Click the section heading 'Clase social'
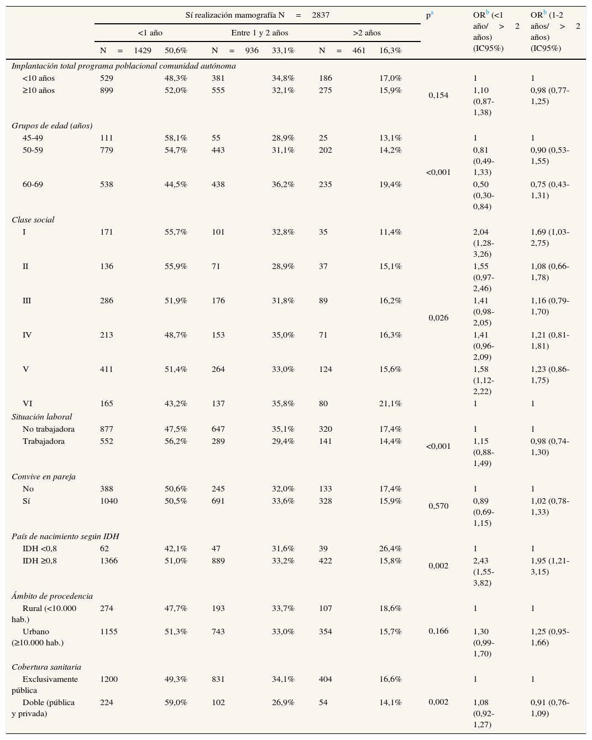(x=33, y=220)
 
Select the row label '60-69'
(x=33, y=184)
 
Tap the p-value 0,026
(x=438, y=318)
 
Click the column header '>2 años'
(x=366, y=33)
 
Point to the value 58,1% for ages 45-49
(x=176, y=138)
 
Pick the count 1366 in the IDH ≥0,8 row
(x=109, y=561)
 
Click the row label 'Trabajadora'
(x=44, y=441)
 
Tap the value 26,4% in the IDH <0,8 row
(x=390, y=548)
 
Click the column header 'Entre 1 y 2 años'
(x=259, y=33)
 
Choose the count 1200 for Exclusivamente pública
(x=109, y=679)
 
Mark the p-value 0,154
(x=438, y=95)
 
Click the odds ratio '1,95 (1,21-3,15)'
(x=549, y=566)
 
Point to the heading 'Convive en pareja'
(x=44, y=477)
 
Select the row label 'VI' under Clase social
(x=27, y=403)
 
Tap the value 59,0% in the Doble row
(x=176, y=702)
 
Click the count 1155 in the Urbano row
(x=109, y=632)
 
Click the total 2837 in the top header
(x=321, y=15)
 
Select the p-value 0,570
(x=438, y=506)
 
